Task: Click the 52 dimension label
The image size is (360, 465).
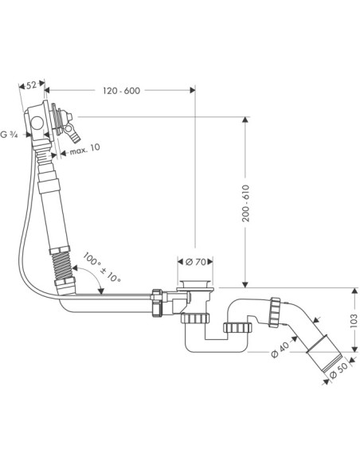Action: coord(31,85)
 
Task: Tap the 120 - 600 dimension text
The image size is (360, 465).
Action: coord(121,91)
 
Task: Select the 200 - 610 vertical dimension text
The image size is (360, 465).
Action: coord(245,204)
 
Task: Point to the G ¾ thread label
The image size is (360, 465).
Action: coord(9,135)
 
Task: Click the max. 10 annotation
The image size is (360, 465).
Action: coord(84,149)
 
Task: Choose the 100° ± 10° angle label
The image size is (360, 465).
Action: coord(101,268)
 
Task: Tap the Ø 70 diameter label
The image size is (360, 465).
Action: coord(195,262)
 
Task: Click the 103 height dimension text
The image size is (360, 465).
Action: coord(354,320)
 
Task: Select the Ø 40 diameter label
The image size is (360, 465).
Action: coord(280,350)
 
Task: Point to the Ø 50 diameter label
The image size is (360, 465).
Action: coord(338,370)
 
